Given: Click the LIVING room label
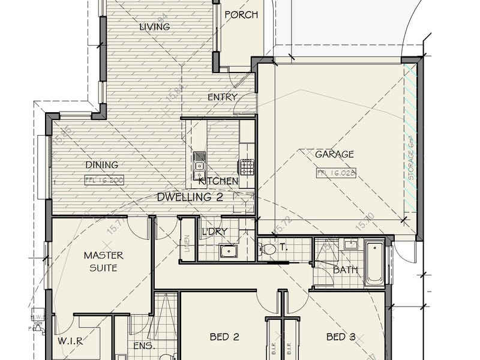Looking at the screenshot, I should coord(155,26).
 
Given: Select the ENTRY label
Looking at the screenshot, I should coord(222,97).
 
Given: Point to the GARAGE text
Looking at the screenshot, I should coord(334,154).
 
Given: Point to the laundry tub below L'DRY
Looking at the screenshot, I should coord(228,251).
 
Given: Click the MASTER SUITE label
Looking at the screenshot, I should coord(100,262).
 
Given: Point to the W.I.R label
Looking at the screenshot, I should coord(70,341).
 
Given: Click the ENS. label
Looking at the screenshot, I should coord(140,346).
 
